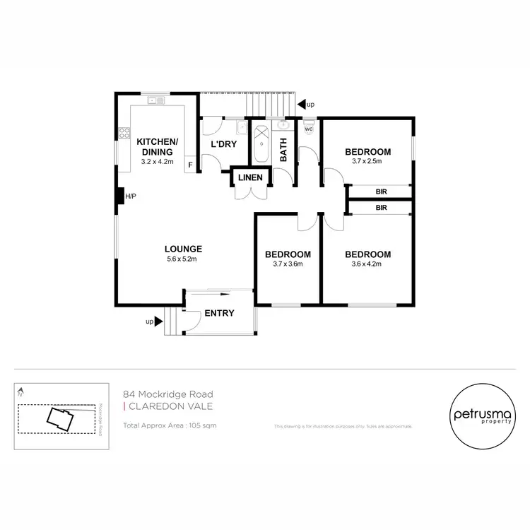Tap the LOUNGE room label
coord(184,249)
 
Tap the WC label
coord(309,129)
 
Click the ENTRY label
coord(219,314)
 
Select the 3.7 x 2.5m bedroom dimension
coord(367,162)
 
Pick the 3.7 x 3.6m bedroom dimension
coord(288,264)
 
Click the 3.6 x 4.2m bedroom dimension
coord(367,264)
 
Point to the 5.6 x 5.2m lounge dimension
coord(184,259)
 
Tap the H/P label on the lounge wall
coord(130,196)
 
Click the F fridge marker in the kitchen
coord(189,166)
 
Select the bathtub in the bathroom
coord(261,145)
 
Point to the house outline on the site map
coord(59,418)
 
